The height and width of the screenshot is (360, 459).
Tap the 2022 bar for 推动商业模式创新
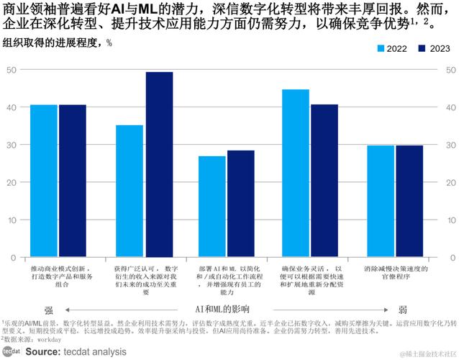click(x=44, y=180)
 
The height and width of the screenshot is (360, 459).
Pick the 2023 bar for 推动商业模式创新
click(x=73, y=180)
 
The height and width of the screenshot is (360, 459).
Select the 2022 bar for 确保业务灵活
click(x=296, y=172)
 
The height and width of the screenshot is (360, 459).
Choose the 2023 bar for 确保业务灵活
click(x=324, y=180)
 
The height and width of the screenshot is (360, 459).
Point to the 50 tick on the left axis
click(x=12, y=70)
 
